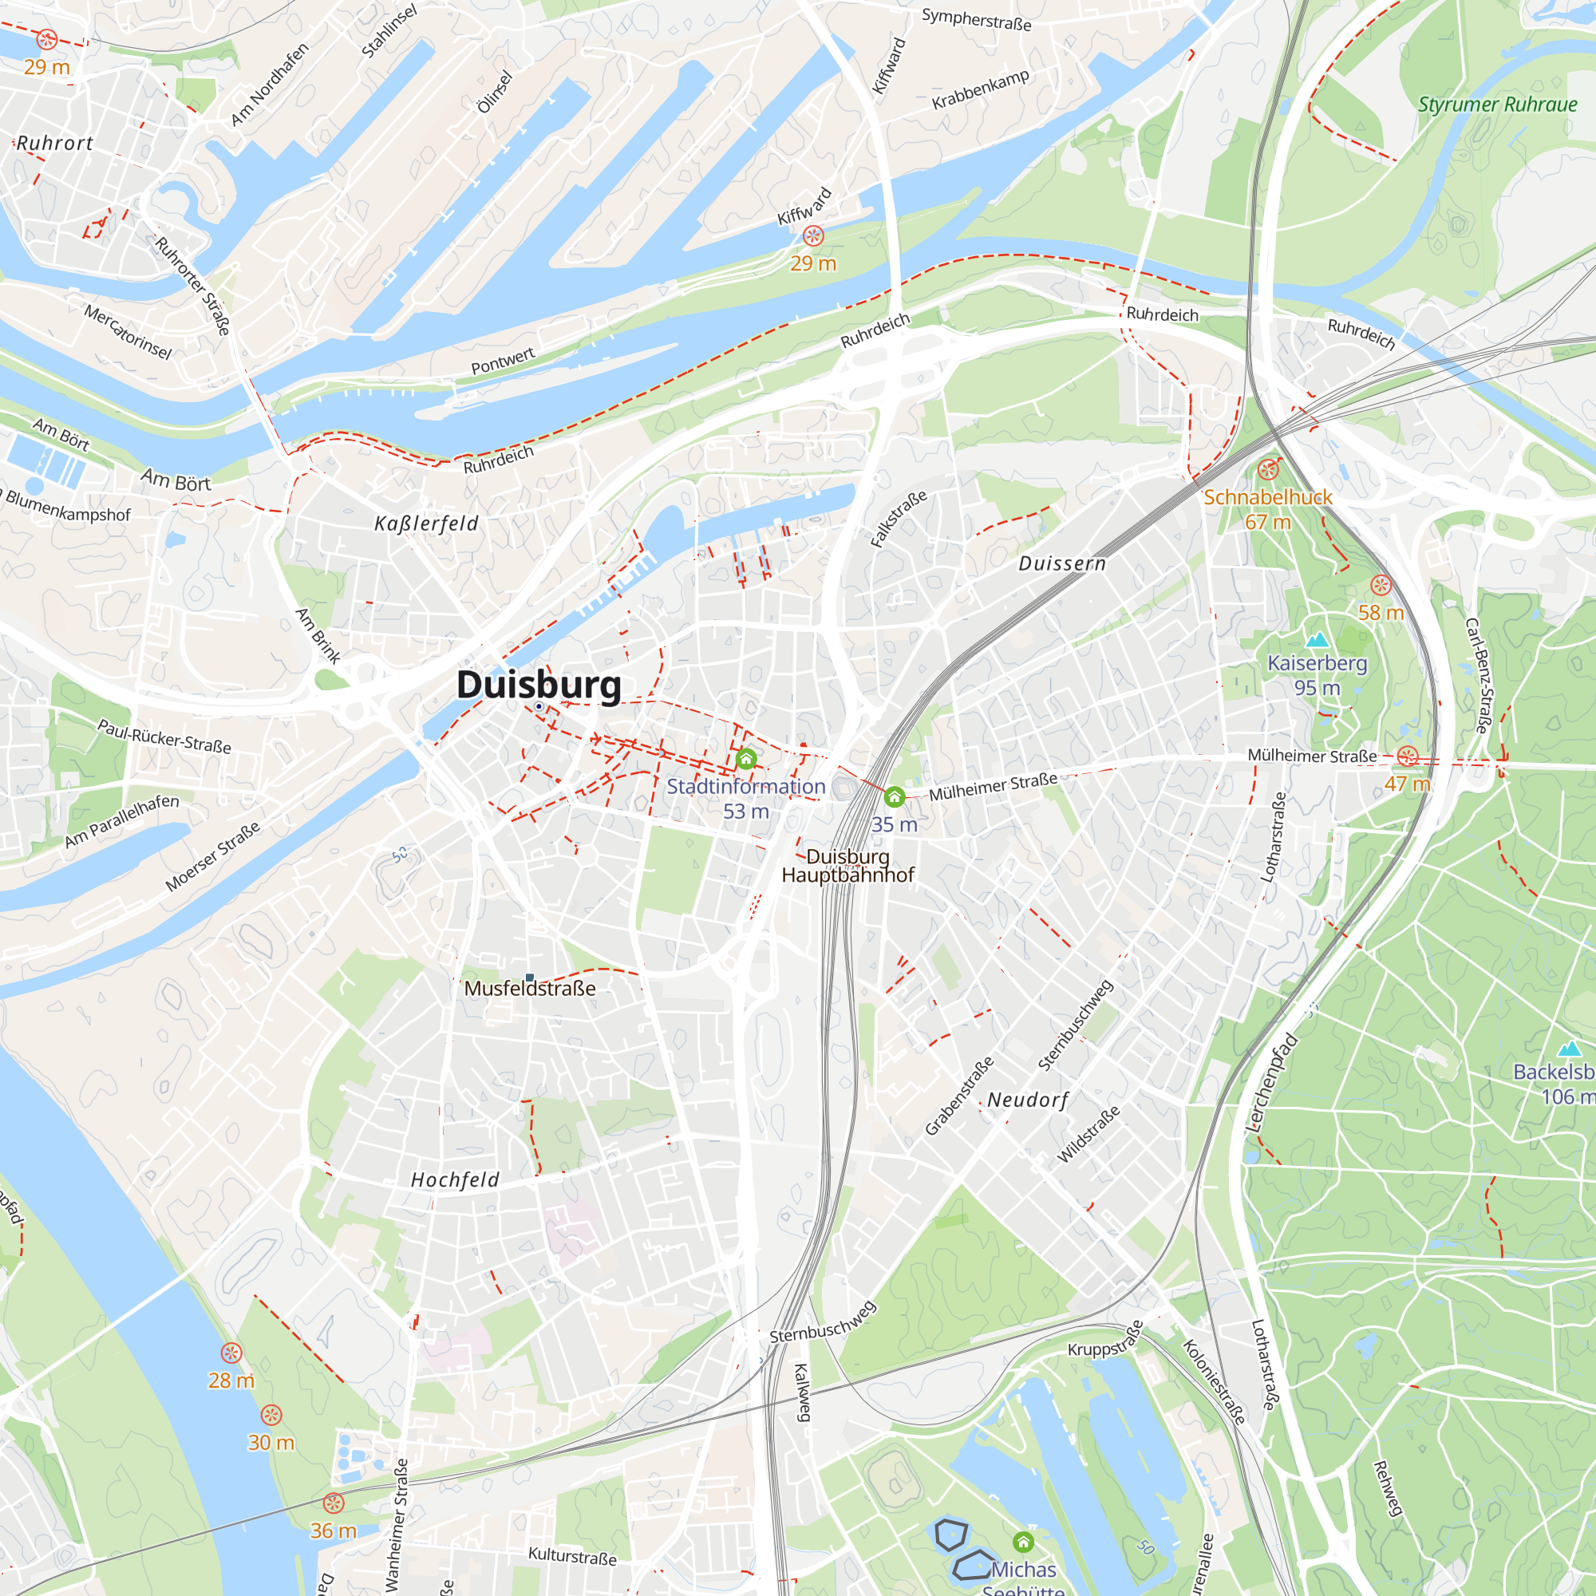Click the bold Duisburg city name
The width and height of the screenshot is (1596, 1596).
(x=539, y=685)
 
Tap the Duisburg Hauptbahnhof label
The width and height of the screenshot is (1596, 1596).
(x=847, y=866)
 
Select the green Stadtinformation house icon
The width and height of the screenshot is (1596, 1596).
(x=746, y=758)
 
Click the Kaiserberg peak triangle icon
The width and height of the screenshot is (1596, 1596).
(x=1317, y=639)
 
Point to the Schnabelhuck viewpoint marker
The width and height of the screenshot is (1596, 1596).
(x=1267, y=470)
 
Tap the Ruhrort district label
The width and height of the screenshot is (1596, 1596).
(x=54, y=143)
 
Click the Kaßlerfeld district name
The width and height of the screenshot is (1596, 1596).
(x=426, y=523)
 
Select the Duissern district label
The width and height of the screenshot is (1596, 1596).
(x=1061, y=563)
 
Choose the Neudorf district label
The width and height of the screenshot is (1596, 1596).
(x=1028, y=1100)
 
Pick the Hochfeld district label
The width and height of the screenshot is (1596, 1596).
(x=455, y=1179)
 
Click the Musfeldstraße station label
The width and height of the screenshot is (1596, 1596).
(x=530, y=988)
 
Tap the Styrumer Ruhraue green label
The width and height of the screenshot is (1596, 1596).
(x=1497, y=105)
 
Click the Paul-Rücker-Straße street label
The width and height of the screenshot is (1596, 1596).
(x=164, y=736)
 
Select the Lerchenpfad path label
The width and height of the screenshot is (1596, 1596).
(x=1272, y=1081)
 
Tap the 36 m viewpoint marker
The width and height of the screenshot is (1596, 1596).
(x=333, y=1503)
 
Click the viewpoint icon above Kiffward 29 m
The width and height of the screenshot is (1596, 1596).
(x=813, y=236)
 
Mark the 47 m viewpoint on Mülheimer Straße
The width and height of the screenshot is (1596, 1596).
(x=1408, y=756)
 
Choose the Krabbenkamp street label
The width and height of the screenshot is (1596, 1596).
(x=981, y=89)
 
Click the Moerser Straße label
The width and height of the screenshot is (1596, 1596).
(x=212, y=856)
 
